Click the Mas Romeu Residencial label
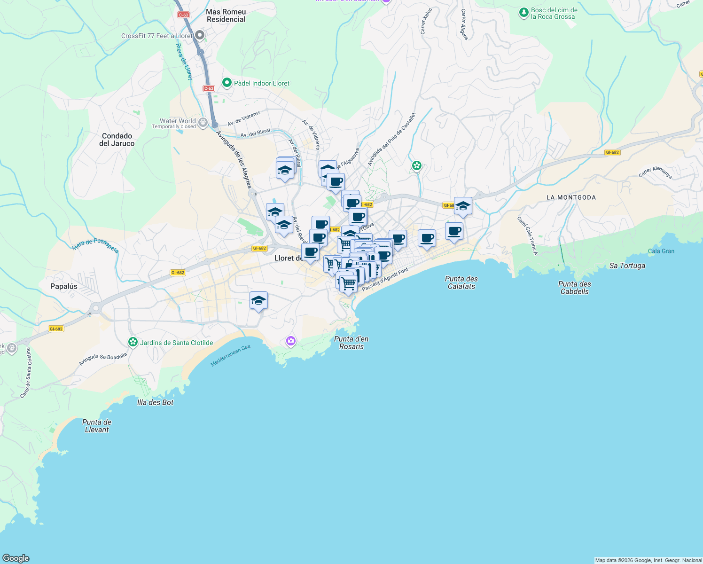[226, 16]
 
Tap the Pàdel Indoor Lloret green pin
[227, 83]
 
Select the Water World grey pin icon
[203, 123]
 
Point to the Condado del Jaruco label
[117, 140]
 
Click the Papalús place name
[64, 286]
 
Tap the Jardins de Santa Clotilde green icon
[133, 342]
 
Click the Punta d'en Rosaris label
[351, 343]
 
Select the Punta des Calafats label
[461, 282]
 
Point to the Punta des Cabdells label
[575, 288]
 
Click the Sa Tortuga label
[627, 266]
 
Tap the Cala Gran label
[661, 251]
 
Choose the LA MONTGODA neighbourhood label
[571, 197]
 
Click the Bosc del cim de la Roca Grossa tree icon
[524, 13]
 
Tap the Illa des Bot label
[155, 402]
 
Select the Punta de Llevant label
[97, 426]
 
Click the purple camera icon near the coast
[291, 341]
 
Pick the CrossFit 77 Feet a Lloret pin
[200, 35]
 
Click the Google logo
[16, 558]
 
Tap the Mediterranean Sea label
[231, 355]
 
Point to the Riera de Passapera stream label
[95, 245]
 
